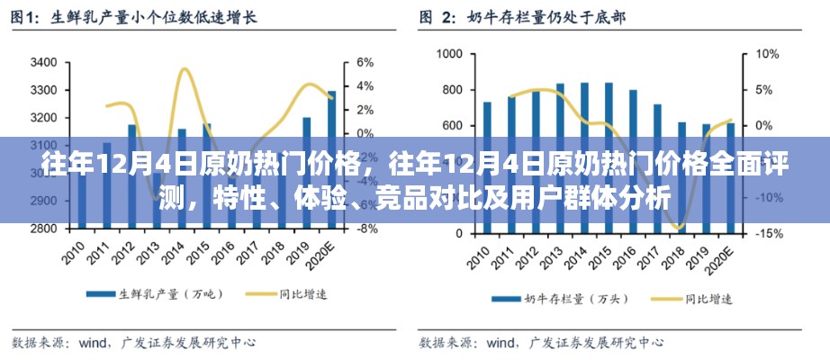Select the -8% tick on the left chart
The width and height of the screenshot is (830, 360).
pyautogui.click(x=366, y=229)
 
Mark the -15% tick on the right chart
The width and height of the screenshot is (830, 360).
pyautogui.click(x=768, y=233)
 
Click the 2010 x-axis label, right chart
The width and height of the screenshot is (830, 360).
pyautogui.click(x=482, y=255)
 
